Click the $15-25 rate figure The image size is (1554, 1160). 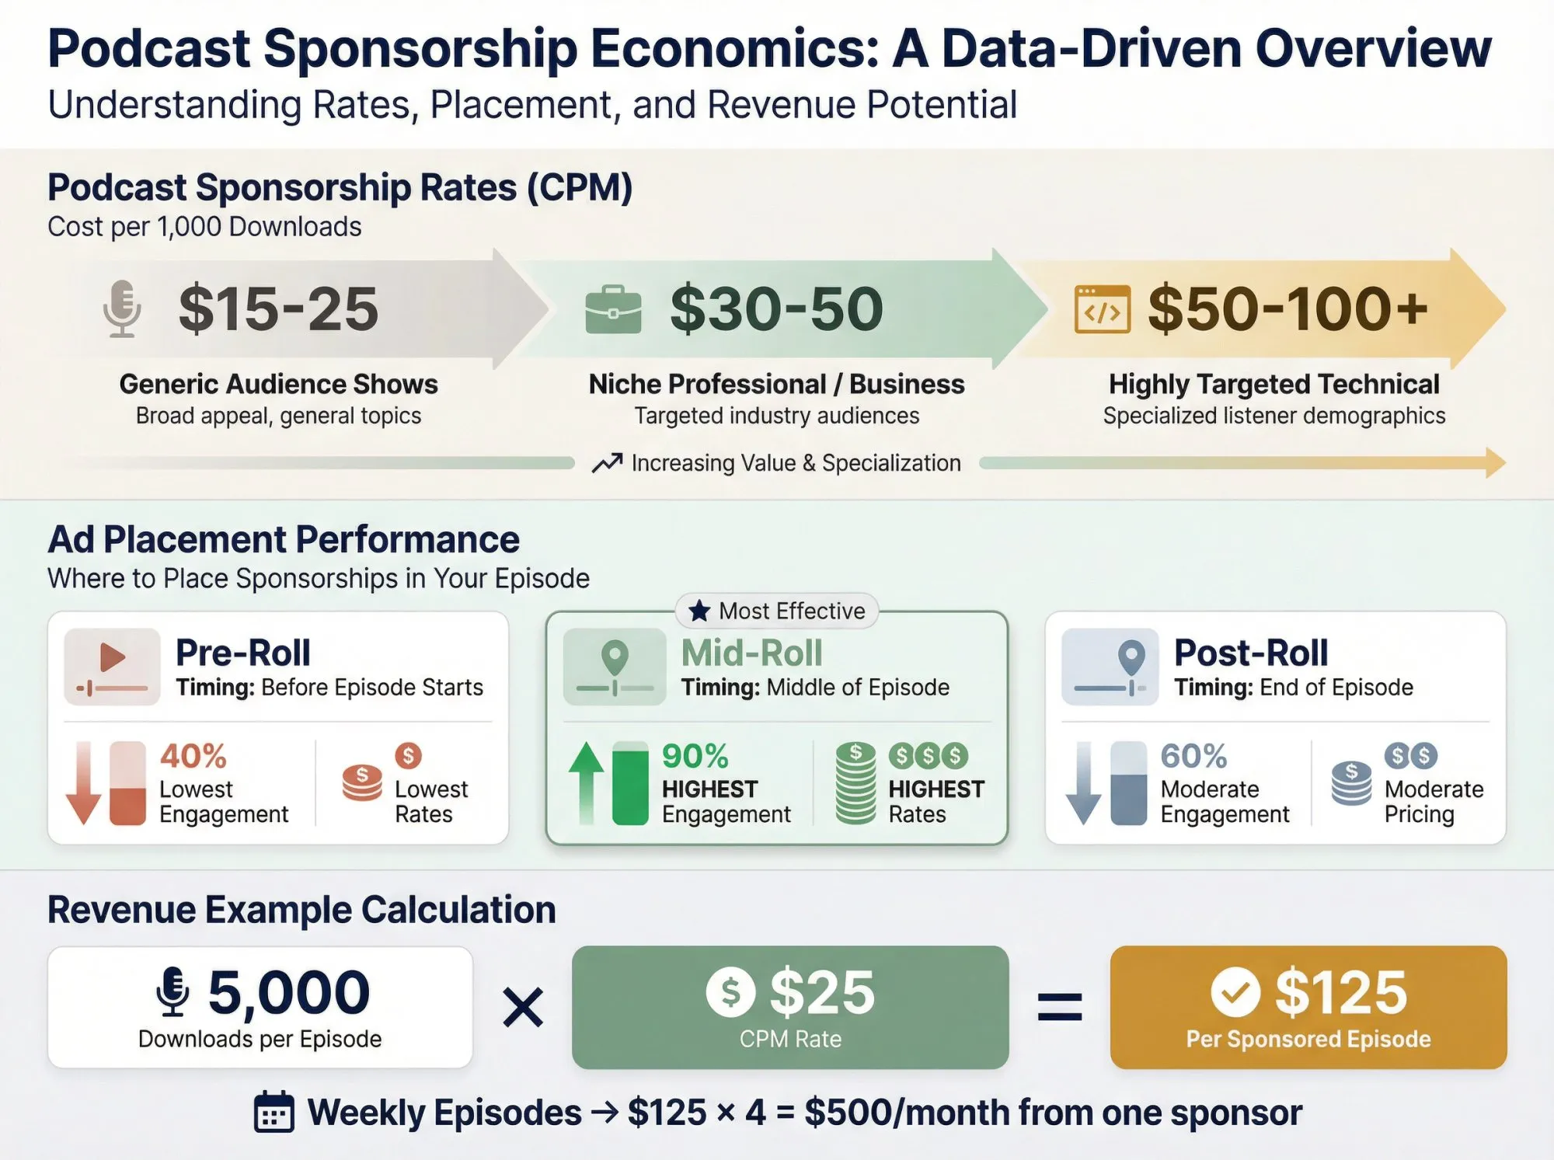coord(278,309)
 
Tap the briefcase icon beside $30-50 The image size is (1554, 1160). coord(613,310)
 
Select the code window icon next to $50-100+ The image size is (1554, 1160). coord(1102,310)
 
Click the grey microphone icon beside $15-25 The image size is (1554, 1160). coord(122,309)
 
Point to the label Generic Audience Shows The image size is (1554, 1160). coord(278,384)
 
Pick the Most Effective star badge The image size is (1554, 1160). coord(777,611)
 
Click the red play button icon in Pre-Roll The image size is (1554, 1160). coord(113,658)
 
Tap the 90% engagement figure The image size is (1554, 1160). coord(695,756)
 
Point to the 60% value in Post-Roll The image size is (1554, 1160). coord(1193,756)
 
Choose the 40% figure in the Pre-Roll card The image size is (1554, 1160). coord(193,756)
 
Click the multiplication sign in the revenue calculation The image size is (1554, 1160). coord(523,1008)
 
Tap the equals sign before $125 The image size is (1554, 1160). coord(1060,1008)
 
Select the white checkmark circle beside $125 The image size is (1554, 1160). coord(1235,992)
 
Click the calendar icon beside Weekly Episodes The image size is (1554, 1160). coord(274,1113)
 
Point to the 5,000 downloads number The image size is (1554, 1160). coord(288,992)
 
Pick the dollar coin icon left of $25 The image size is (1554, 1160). coord(730,992)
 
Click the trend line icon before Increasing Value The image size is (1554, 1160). coord(607,463)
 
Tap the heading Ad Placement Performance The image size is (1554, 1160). coord(284,539)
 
